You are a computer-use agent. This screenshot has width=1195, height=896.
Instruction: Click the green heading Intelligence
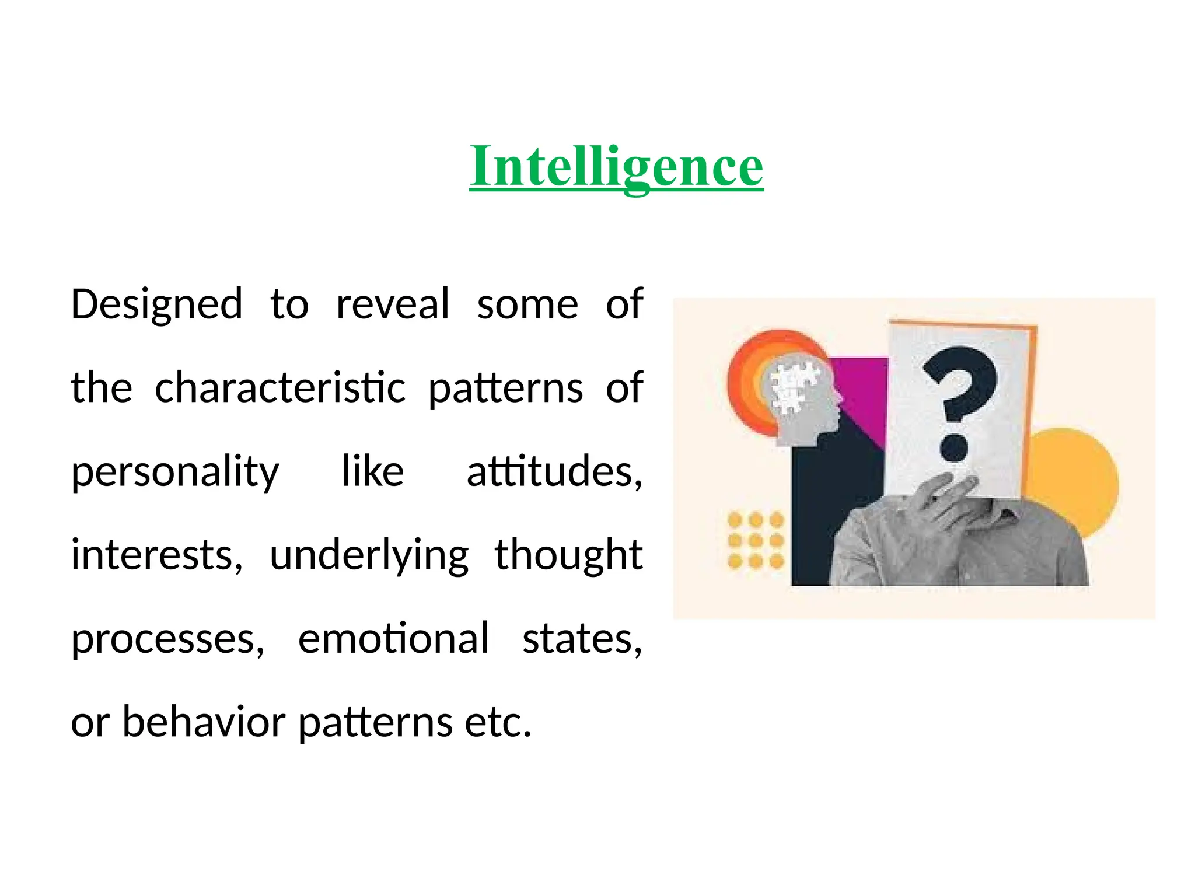click(616, 167)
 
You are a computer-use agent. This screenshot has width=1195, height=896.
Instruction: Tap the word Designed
click(156, 305)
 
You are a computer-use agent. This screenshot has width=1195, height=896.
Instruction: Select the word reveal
click(393, 305)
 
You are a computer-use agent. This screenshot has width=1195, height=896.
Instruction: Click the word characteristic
click(279, 388)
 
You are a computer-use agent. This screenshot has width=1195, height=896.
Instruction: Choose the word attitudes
click(554, 471)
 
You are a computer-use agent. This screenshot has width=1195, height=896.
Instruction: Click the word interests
click(156, 555)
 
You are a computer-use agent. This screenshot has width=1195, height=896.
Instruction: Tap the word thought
click(568, 555)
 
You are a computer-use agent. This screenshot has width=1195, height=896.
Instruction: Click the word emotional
click(393, 638)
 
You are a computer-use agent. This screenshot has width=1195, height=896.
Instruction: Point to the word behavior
click(204, 722)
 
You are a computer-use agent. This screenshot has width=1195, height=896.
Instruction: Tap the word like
click(372, 471)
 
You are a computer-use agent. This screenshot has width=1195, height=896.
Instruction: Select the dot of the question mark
click(955, 448)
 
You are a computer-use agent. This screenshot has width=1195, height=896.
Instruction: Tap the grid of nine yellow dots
click(755, 540)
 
